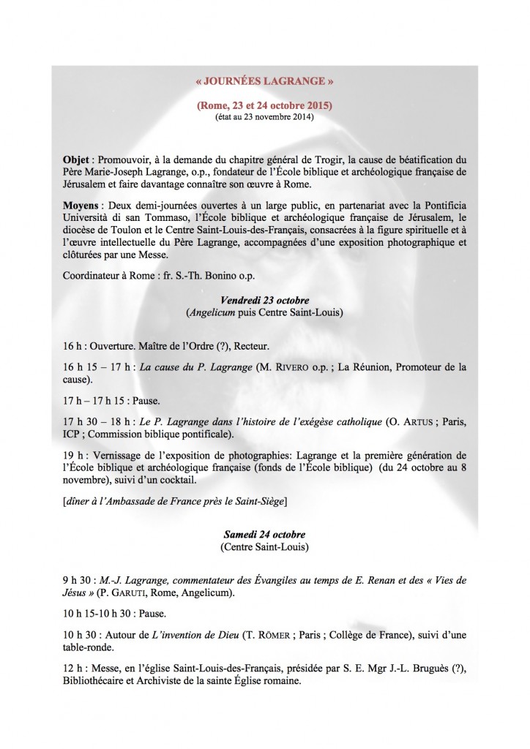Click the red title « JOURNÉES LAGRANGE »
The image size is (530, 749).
click(x=264, y=85)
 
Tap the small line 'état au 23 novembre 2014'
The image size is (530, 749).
click(x=264, y=118)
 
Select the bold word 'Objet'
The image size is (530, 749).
click(x=76, y=159)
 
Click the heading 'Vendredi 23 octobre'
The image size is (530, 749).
click(x=264, y=301)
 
